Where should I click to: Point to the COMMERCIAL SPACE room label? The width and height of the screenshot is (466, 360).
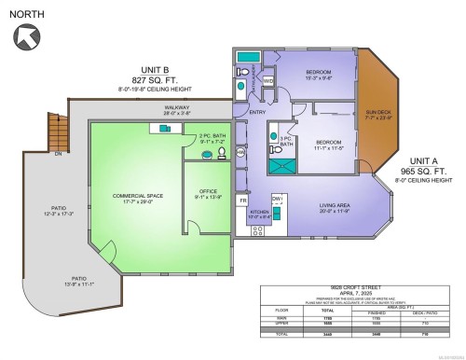[x=137, y=197]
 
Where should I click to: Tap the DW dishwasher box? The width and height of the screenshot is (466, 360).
[x=277, y=199]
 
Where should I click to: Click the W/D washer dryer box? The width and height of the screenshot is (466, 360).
[x=268, y=81]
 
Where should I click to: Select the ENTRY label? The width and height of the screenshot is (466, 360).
[x=257, y=112]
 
